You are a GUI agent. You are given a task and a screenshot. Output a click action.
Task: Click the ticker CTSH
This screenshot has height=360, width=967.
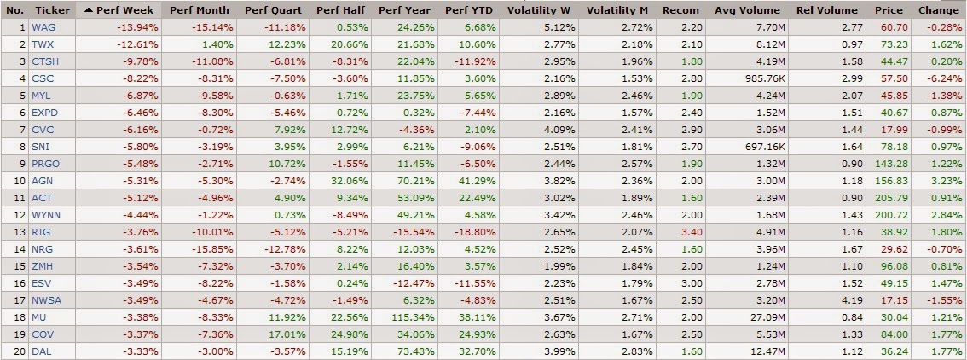pyautogui.click(x=44, y=61)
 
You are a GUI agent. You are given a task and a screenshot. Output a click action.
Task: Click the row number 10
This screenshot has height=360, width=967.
pyautogui.click(x=15, y=181)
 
